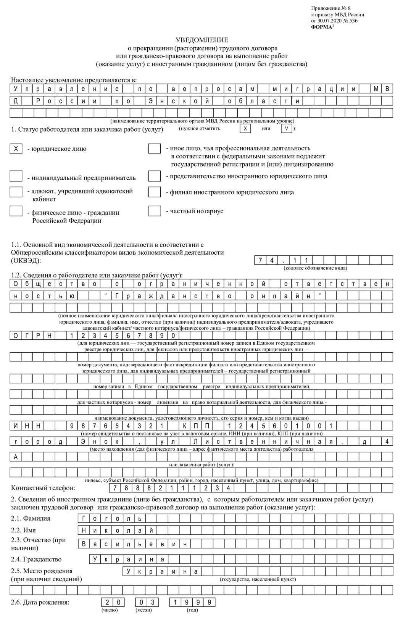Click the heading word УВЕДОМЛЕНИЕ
tap(201, 40)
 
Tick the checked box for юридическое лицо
tap(16, 149)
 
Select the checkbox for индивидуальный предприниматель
tap(16, 176)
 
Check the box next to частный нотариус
tap(154, 211)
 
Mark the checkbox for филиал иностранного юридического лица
tap(154, 192)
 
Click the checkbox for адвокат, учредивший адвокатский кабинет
tap(16, 192)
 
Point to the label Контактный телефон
tap(43, 488)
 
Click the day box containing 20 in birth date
tap(113, 602)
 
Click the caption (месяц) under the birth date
tap(143, 610)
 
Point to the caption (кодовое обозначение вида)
tap(315, 268)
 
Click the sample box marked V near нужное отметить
tap(287, 129)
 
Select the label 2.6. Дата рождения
tap(40, 603)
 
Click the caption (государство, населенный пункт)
tap(258, 579)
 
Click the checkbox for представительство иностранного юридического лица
tap(154, 176)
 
